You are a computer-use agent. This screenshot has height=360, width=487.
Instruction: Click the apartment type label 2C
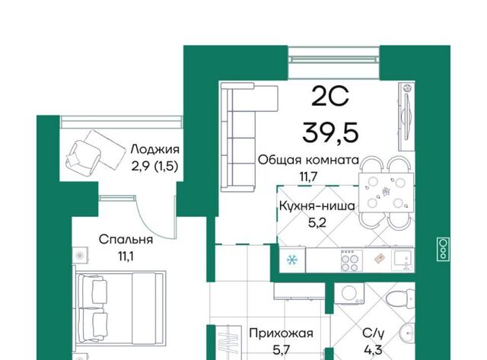pyautogui.click(x=330, y=97)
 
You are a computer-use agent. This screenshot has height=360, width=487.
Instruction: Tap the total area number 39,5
pyautogui.click(x=330, y=132)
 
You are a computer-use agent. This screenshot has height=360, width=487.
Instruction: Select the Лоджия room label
pyautogui.click(x=155, y=150)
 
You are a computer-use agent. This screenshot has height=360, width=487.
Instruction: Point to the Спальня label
pyautogui.click(x=126, y=240)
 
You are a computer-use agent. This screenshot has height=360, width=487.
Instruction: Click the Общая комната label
pyautogui.click(x=308, y=161)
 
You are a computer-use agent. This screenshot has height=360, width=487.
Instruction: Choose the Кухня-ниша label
pyautogui.click(x=317, y=205)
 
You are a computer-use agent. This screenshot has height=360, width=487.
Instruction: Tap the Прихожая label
pyautogui.click(x=281, y=333)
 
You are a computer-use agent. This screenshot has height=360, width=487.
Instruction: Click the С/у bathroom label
pyautogui.click(x=374, y=333)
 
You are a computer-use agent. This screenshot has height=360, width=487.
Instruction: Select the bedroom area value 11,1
pyautogui.click(x=126, y=256)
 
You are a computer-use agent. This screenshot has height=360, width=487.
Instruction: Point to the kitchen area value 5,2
pyautogui.click(x=317, y=223)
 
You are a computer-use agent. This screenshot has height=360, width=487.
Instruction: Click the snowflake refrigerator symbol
pyautogui.click(x=292, y=260)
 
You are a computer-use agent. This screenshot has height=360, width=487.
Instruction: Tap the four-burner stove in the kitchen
pyautogui.click(x=350, y=260)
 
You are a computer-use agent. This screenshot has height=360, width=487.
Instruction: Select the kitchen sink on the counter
pyautogui.click(x=403, y=260)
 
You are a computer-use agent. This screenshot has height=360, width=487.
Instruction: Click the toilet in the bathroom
pyautogui.click(x=401, y=299)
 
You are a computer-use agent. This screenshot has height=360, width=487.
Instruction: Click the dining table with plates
pyautogui.click(x=386, y=193)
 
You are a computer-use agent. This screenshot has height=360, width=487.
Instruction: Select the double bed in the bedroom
pyautogui.click(x=120, y=307)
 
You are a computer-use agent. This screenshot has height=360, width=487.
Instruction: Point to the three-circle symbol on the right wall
pyautogui.click(x=444, y=248)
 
